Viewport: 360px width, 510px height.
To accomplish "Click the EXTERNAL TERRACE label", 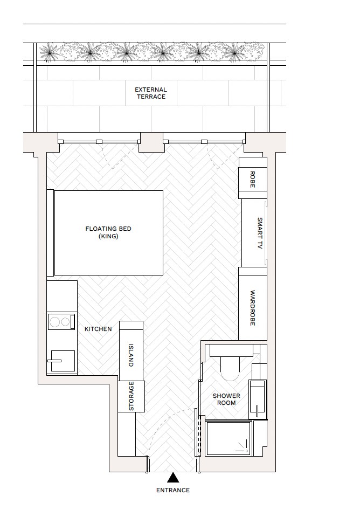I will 150,93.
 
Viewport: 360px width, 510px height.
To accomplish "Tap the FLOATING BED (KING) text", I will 108,232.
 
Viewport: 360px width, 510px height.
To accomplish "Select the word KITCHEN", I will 98,329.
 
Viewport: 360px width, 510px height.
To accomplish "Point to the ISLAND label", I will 131,355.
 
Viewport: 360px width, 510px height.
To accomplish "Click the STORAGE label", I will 131,396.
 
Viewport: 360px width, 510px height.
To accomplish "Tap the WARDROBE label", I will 253,308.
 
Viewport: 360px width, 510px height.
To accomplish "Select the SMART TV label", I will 259,233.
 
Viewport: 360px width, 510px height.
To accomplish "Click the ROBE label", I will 252,179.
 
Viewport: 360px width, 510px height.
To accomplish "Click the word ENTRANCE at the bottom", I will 173,490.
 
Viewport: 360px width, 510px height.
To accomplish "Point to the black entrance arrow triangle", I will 173,477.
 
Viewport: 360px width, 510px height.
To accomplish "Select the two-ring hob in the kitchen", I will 60,322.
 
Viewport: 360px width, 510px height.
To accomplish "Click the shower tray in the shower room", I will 229,438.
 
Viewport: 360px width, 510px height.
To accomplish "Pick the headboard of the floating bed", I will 50,232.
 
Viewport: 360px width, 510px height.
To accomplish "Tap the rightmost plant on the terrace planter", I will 234,51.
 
